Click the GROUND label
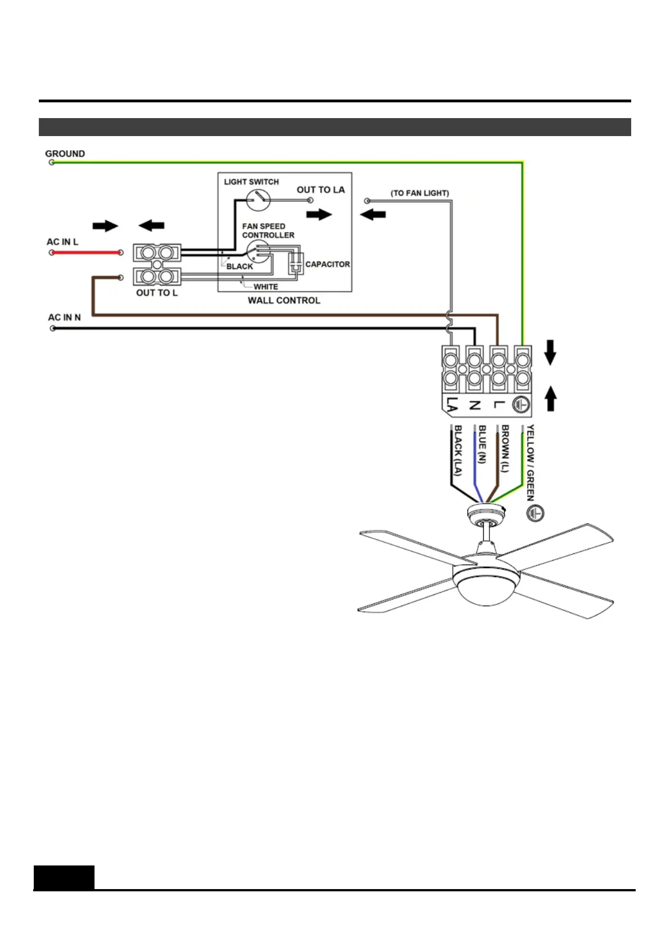[x=65, y=154]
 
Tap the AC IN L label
[x=62, y=242]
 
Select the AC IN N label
[x=64, y=317]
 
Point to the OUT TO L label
[x=156, y=292]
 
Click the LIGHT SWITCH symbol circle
[x=258, y=200]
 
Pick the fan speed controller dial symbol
[x=258, y=251]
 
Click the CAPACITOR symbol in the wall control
[x=295, y=263]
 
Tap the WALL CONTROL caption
[x=284, y=300]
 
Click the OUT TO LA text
[x=321, y=190]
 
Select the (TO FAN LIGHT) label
[x=420, y=193]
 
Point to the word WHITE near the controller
[x=266, y=287]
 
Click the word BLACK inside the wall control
[x=240, y=267]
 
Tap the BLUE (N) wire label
[x=482, y=444]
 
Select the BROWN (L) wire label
[x=505, y=448]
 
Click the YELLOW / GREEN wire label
[x=530, y=462]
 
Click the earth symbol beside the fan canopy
[x=535, y=513]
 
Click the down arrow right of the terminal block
[x=550, y=353]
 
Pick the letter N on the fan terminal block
[x=475, y=405]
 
